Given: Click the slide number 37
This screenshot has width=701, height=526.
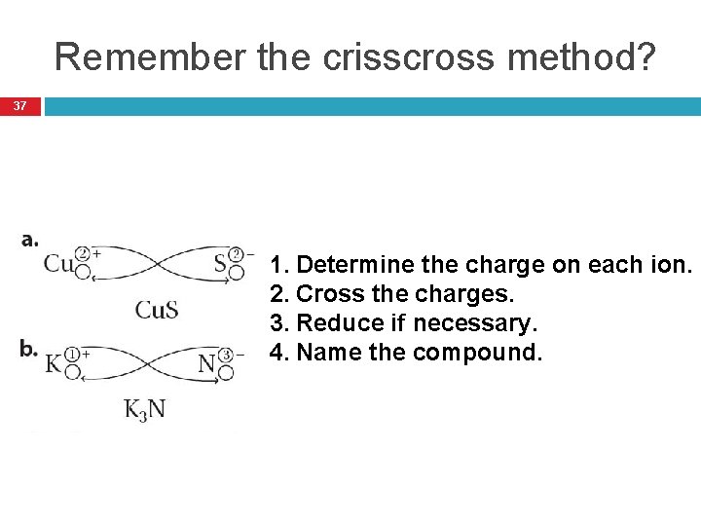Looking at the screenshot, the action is (x=20, y=105).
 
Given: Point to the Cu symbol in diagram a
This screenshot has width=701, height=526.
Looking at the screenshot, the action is (x=58, y=263).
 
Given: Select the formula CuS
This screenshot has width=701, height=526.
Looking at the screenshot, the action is (x=156, y=310).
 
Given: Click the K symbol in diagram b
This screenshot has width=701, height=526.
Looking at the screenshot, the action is (x=54, y=363).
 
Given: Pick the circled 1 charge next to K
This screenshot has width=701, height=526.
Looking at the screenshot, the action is (x=72, y=356).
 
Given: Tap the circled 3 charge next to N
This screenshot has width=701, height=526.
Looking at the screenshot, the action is (x=226, y=356).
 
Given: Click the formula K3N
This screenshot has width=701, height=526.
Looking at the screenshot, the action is (x=144, y=409).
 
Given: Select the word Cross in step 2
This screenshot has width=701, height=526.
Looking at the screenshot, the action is (x=324, y=293).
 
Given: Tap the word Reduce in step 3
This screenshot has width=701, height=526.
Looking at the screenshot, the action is (x=332, y=322).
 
